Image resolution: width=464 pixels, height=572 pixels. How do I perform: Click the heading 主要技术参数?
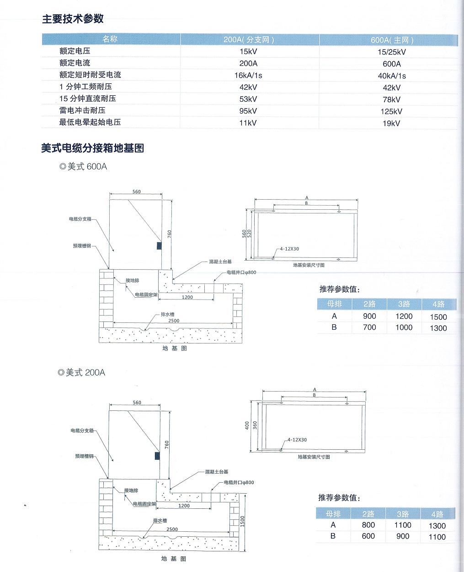[73, 19]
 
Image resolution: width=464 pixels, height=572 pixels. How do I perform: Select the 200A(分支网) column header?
[249, 40]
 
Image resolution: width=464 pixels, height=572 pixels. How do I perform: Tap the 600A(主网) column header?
[392, 40]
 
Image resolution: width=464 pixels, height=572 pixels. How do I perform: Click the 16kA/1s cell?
[248, 76]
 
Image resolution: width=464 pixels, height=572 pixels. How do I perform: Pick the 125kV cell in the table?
[391, 111]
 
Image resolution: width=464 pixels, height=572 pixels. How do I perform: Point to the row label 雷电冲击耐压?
[82, 110]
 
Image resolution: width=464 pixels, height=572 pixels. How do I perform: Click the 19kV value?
[391, 123]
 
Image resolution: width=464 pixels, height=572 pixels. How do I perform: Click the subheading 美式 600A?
[83, 167]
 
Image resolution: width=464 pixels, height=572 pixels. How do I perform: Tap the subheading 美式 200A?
[81, 373]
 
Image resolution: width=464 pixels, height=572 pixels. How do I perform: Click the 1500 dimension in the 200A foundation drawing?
[243, 521]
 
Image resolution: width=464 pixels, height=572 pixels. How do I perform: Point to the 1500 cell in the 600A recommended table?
[438, 317]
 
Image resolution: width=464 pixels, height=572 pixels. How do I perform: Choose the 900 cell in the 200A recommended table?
[403, 536]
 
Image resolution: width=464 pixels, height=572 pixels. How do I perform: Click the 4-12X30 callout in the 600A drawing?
[290, 249]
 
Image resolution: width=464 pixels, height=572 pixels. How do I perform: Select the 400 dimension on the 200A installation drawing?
[247, 425]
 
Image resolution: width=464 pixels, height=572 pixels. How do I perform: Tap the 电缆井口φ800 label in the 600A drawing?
[241, 272]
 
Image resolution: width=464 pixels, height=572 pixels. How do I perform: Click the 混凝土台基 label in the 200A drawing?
[217, 472]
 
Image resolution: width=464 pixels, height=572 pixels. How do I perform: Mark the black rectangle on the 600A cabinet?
[159, 246]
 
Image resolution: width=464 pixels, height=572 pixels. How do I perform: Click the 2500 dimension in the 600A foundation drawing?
[174, 321]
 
